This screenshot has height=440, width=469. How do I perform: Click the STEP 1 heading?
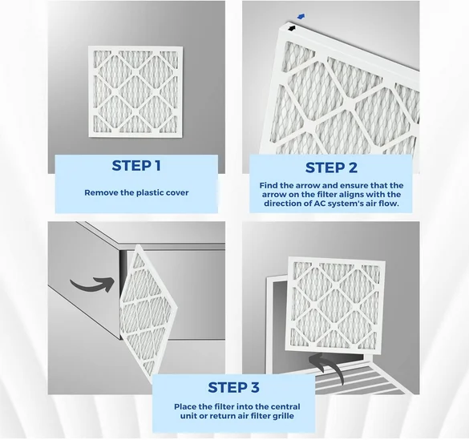[136, 166]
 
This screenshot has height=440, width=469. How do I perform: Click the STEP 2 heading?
[331, 168]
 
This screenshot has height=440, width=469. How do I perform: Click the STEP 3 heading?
[233, 387]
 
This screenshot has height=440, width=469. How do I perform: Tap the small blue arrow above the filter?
[301, 17]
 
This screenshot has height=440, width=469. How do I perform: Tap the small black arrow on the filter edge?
[292, 28]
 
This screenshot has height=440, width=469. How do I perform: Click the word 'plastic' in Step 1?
[150, 193]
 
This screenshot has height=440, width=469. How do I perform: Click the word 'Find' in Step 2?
[268, 185]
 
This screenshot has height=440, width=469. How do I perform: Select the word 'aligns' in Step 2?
[354, 195]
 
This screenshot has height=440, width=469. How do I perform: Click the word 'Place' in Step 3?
[185, 407]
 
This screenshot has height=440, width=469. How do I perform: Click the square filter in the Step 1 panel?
[135, 91]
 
